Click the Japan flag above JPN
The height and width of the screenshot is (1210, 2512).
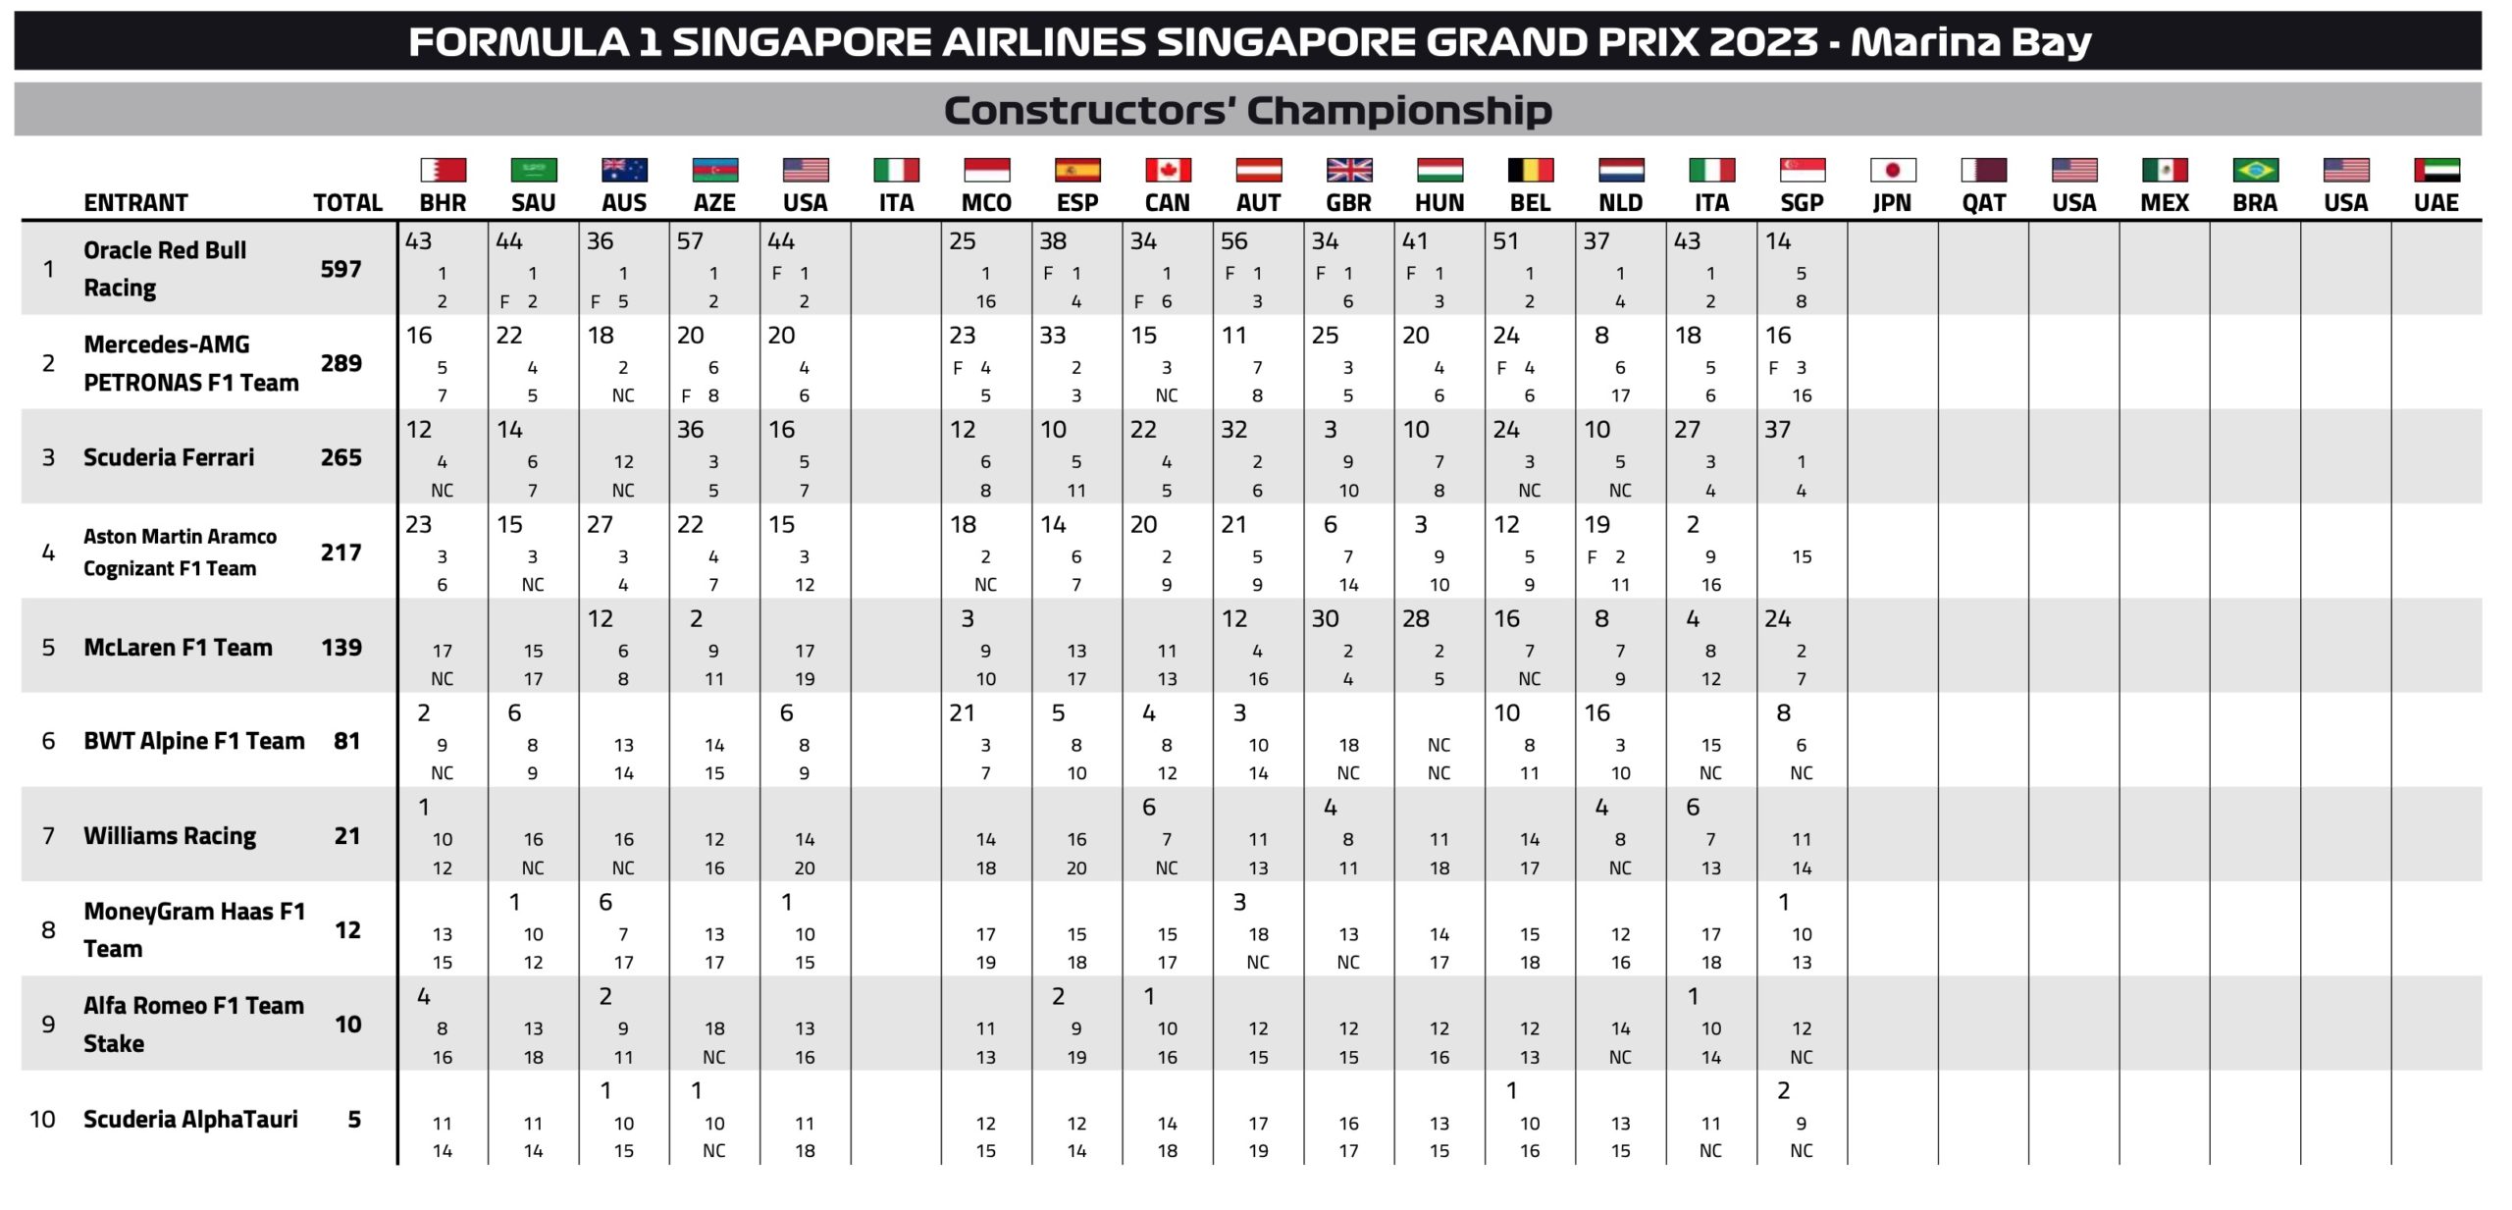(1892, 170)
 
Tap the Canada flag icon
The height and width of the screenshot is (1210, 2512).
(1167, 170)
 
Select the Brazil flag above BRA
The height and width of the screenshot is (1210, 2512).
(2255, 170)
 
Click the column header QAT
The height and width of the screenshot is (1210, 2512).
(1983, 203)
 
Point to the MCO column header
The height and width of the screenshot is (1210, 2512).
(986, 203)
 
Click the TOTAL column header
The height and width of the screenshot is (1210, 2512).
(347, 203)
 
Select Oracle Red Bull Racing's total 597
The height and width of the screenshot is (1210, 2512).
(340, 269)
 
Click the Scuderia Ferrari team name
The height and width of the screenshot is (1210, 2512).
(169, 457)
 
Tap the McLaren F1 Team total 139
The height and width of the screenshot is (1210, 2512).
(340, 648)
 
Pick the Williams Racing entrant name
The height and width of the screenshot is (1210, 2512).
(170, 836)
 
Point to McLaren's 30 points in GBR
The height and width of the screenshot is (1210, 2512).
(1325, 619)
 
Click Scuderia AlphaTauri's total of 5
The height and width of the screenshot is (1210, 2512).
(354, 1120)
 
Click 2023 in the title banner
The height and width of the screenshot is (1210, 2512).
(1762, 42)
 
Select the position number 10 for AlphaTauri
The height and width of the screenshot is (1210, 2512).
(42, 1120)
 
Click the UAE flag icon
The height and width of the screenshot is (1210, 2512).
(2435, 170)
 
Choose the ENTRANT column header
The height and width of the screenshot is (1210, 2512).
(135, 203)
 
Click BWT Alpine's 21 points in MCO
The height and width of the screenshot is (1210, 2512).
(962, 713)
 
